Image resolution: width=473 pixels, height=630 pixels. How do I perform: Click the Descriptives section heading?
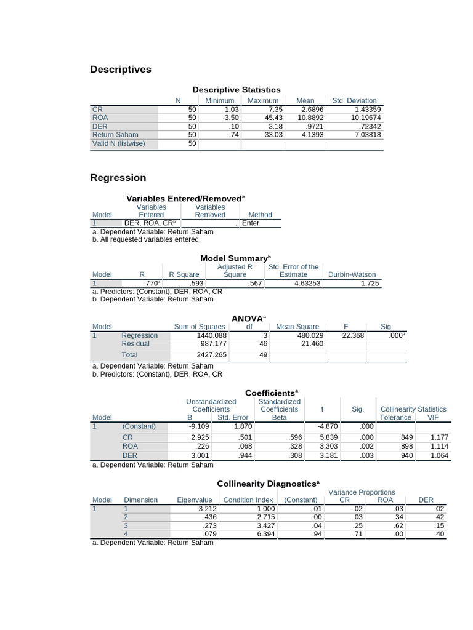[120, 70]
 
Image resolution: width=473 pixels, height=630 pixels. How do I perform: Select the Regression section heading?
[118, 178]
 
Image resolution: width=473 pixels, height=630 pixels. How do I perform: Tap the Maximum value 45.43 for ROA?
[273, 118]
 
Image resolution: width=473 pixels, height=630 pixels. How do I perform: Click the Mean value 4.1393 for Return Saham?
[311, 135]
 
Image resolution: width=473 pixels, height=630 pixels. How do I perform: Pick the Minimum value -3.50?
[230, 118]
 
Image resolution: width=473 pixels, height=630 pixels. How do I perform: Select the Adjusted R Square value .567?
[254, 284]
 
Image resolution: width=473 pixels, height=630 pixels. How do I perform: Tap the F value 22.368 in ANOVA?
[354, 335]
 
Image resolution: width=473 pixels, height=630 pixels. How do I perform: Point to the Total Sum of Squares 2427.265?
[211, 355]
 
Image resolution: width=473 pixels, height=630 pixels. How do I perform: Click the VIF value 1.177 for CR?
[439, 437]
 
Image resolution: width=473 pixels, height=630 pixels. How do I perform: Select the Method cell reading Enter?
[251, 223]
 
